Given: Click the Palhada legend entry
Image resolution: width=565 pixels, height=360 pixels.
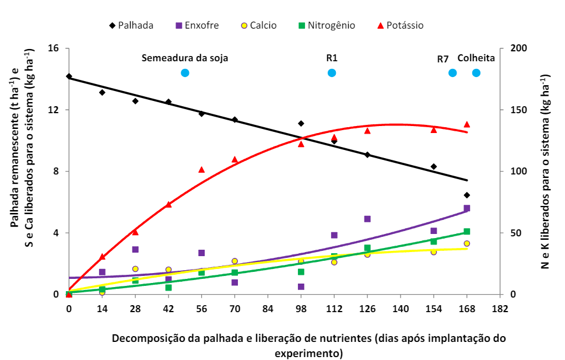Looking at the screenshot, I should [131, 26].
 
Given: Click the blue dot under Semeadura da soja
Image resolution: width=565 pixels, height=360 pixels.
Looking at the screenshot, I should [185, 73].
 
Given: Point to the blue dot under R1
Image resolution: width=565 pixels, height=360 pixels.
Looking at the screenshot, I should [332, 73].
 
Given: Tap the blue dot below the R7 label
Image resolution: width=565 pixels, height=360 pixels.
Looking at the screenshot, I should [452, 73].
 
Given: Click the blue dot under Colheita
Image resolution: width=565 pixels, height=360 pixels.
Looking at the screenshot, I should [476, 73].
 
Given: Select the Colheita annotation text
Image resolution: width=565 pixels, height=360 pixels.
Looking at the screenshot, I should [476, 58].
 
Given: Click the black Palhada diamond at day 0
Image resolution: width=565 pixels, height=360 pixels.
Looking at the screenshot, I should [69, 76].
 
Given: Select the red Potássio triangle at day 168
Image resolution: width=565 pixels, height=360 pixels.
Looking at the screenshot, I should [466, 124].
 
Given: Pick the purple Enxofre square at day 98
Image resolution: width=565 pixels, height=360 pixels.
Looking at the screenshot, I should [301, 286].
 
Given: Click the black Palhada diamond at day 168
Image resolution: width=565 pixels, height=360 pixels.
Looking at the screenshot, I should [466, 195].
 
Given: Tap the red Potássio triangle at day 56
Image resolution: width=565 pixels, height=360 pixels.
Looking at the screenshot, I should [201, 170].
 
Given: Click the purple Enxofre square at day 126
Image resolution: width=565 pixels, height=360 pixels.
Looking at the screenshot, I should [367, 219].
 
